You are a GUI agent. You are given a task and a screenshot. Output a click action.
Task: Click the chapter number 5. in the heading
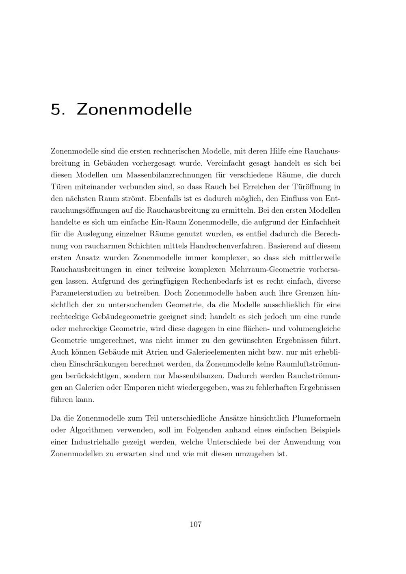click(x=58, y=110)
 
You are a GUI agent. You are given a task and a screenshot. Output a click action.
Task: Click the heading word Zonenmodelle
click(x=134, y=110)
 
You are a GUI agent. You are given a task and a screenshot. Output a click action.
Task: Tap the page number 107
click(x=196, y=524)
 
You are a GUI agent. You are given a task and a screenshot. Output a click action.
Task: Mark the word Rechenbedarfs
click(x=218, y=281)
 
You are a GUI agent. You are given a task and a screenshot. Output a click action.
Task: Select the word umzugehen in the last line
click(x=254, y=453)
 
